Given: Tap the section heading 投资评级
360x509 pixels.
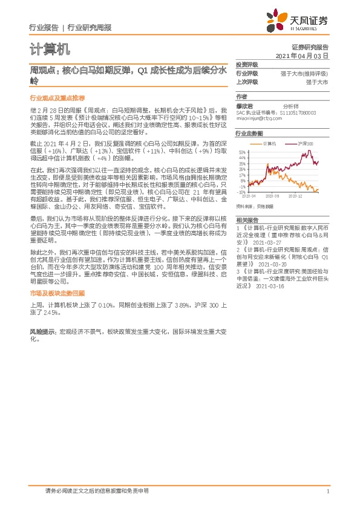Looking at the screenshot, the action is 247,65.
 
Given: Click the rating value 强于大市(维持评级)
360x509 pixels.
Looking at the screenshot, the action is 305,73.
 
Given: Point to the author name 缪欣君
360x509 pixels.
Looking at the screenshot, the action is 244,105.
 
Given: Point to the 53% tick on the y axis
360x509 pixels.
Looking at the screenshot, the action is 242,152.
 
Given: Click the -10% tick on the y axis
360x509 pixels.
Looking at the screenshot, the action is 242,192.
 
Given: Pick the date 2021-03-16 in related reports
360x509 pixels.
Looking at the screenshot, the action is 269,286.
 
